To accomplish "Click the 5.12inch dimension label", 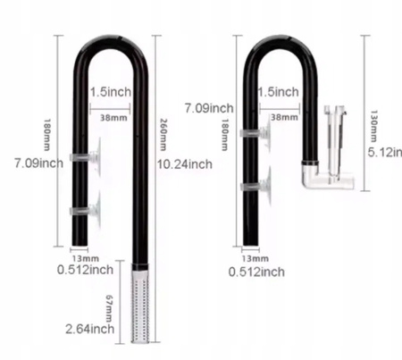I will tap(383, 152).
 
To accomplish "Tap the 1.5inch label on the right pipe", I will tap(277, 93).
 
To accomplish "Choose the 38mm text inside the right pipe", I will tap(283, 117).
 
